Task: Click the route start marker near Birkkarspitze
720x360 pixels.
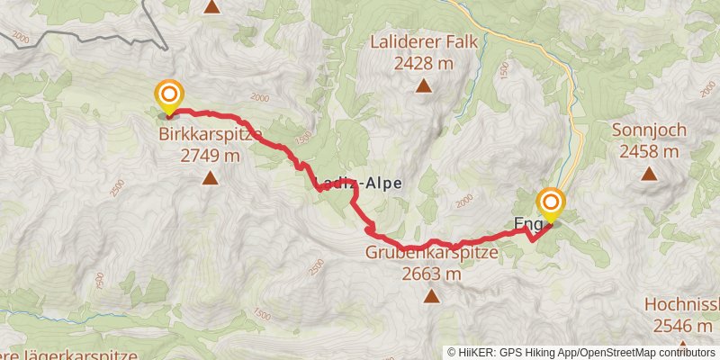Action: [168, 96]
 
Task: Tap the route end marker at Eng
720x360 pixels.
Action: [550, 203]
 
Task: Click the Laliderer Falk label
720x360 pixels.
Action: [423, 43]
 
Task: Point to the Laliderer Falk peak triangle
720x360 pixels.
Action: [423, 86]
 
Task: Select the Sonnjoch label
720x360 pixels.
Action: [649, 130]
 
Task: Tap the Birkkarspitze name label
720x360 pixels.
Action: [211, 136]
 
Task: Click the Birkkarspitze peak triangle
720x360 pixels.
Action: [210, 178]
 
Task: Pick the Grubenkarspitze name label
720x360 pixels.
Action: [431, 253]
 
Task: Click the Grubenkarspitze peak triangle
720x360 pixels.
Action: [432, 296]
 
